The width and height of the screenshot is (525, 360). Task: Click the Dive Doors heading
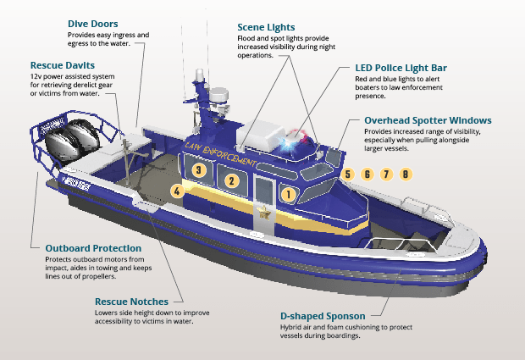(x=93, y=24)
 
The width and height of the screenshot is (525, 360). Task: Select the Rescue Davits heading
(x=63, y=65)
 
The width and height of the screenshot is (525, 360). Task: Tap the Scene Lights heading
(x=266, y=27)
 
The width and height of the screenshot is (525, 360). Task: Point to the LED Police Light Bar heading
(x=401, y=68)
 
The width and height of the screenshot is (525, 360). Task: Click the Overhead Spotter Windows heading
(x=428, y=120)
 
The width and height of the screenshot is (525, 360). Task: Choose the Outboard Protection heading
(x=93, y=248)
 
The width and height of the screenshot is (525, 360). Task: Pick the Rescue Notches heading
(x=131, y=302)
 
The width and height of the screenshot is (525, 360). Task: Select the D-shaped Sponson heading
(x=323, y=316)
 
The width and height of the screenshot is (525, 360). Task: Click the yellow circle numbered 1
(x=289, y=194)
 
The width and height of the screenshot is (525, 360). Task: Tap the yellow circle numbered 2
(x=232, y=181)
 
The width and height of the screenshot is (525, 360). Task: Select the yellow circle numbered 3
(x=199, y=169)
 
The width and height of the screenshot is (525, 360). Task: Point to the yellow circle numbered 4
(x=177, y=191)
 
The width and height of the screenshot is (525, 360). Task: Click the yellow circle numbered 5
(x=348, y=174)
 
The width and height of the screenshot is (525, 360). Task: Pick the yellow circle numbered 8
(x=406, y=174)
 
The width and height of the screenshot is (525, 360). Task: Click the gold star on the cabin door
(x=264, y=213)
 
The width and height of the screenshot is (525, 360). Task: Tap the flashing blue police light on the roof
(x=288, y=145)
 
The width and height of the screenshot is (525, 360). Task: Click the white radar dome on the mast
(x=218, y=95)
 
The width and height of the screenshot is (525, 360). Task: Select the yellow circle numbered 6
(x=367, y=174)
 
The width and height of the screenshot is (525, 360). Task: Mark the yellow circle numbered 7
(x=386, y=174)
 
